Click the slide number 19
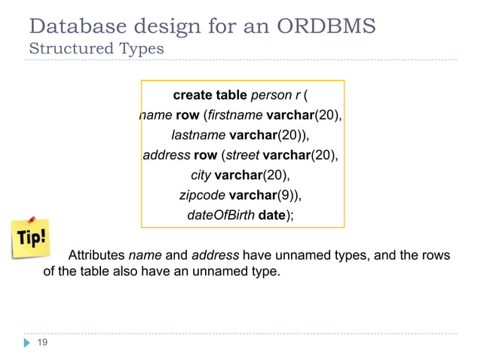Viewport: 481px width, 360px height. [x=43, y=343]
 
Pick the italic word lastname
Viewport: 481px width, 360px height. [x=198, y=136]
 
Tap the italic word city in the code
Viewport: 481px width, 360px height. [x=201, y=175]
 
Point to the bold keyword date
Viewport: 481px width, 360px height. [x=271, y=215]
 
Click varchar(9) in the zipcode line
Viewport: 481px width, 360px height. [x=268, y=195]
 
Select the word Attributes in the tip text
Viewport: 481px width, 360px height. [x=97, y=255]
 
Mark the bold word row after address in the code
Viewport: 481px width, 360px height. [x=205, y=156]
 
